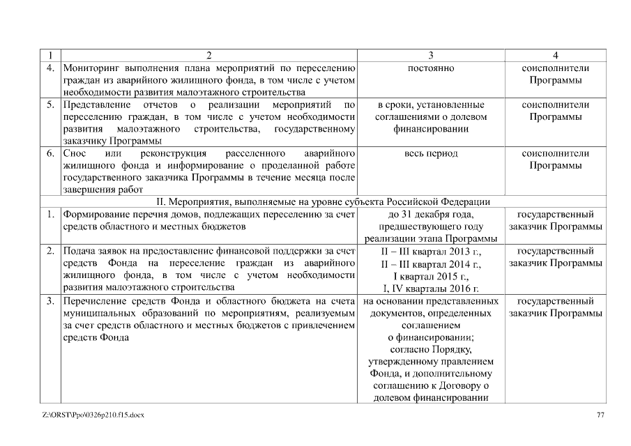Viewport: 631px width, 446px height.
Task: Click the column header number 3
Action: click(x=430, y=55)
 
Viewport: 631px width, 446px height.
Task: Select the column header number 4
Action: click(x=555, y=55)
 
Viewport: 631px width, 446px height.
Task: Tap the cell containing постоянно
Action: click(x=430, y=68)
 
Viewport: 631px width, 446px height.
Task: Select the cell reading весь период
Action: click(x=430, y=153)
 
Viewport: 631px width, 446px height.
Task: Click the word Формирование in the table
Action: click(x=96, y=215)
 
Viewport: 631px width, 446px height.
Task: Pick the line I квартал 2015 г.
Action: click(x=430, y=276)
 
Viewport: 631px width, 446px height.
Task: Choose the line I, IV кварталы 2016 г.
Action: click(x=430, y=289)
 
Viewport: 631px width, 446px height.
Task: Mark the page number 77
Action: click(x=601, y=415)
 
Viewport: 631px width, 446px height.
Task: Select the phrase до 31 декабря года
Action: click(x=430, y=215)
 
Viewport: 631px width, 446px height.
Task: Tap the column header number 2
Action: click(x=208, y=55)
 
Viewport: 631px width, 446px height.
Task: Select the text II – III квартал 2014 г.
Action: click(x=430, y=264)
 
